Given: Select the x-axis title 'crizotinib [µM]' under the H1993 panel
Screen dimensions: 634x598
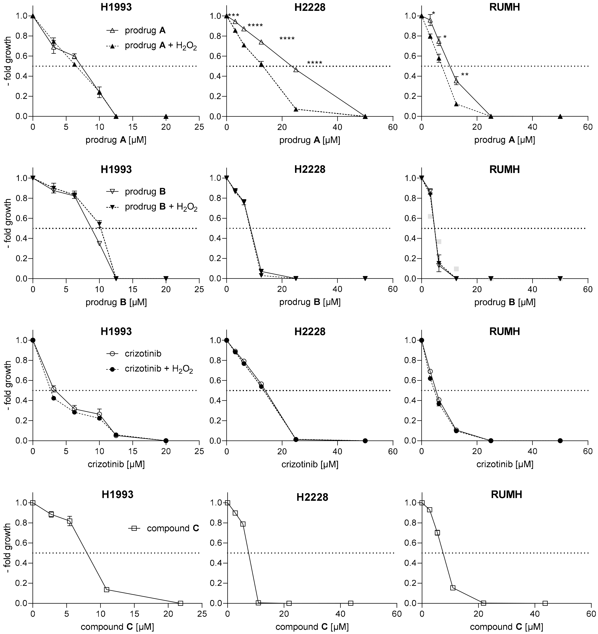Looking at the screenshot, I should click(x=116, y=464).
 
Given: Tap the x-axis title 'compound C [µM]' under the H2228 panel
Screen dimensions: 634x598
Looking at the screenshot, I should click(x=312, y=627).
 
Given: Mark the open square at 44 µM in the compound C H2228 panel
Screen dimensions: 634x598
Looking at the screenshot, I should click(x=351, y=603).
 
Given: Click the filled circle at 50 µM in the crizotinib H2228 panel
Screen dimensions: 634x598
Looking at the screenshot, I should click(x=365, y=441).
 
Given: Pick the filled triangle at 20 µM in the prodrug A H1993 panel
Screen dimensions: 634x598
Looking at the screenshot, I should click(x=166, y=116).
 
